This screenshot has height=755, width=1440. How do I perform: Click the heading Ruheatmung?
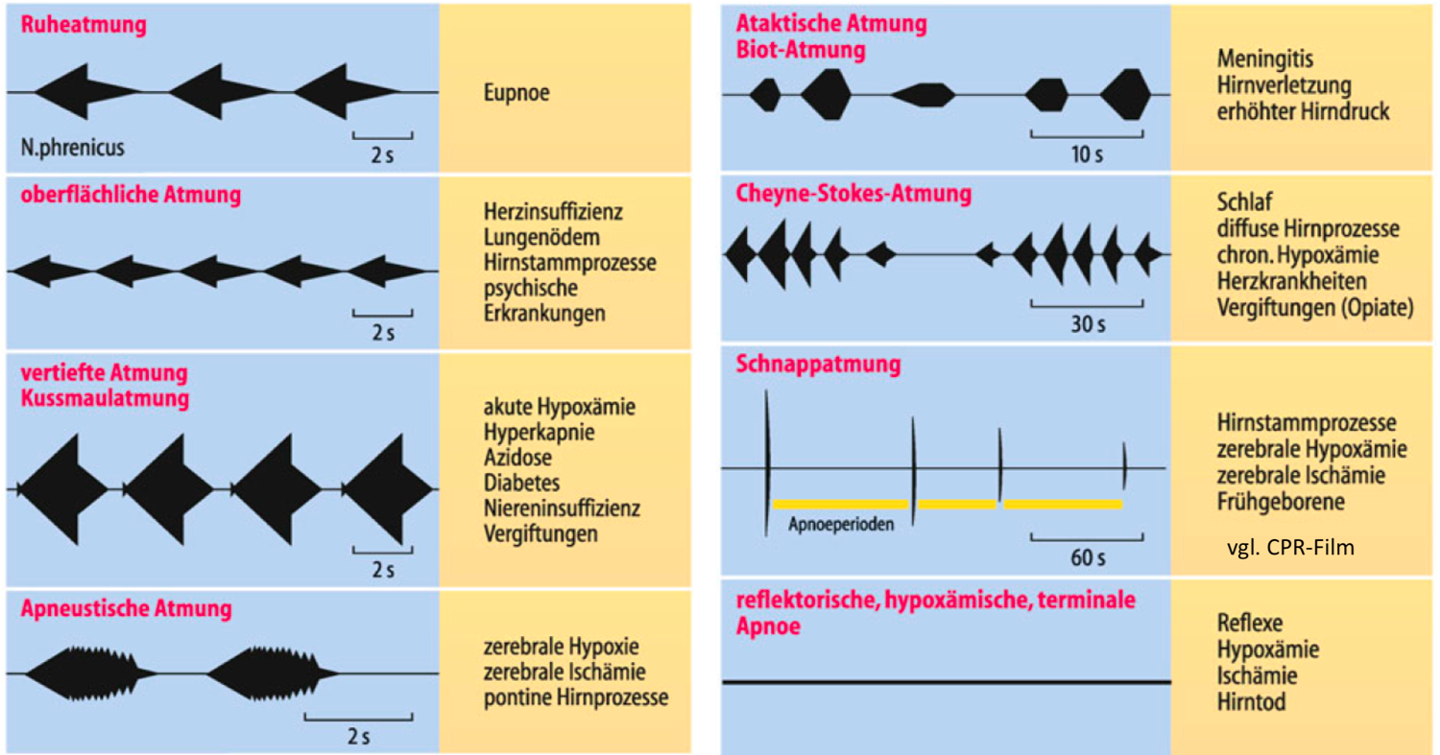84,25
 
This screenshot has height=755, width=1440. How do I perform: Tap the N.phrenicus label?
73,148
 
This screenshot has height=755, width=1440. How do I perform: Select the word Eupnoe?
516,92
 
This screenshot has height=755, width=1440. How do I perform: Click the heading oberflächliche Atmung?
131,194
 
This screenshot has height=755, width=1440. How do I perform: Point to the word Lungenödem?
542,237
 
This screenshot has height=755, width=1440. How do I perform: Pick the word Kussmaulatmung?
105,398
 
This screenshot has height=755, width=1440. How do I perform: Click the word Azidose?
517,458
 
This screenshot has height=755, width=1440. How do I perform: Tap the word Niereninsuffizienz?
562,508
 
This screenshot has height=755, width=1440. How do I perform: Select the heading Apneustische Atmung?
126,608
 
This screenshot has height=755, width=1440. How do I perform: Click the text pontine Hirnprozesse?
576,697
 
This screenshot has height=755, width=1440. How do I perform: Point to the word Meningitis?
1265,59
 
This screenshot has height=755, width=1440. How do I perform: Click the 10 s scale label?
1087,154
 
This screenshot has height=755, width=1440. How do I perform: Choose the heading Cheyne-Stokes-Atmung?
853,194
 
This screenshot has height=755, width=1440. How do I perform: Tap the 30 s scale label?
1088,324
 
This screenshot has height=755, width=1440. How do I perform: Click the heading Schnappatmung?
818,365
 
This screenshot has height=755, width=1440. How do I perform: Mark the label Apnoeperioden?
841,525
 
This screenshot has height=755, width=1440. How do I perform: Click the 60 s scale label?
1088,557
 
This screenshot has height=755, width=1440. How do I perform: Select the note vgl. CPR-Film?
1290,548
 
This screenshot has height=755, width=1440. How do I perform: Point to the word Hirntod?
1252,702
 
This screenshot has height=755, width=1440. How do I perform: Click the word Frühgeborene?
1281,502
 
